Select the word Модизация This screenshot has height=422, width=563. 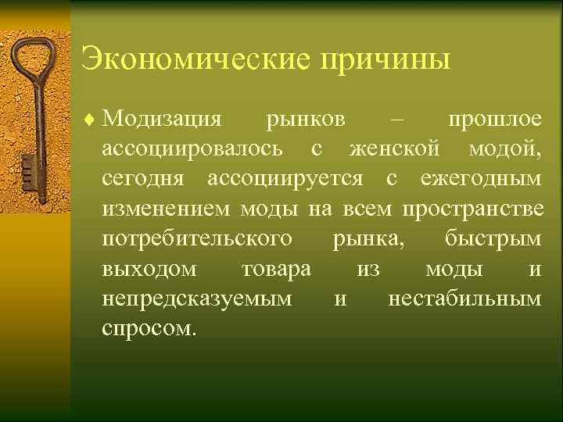tap(162, 120)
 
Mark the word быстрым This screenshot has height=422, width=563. tap(492, 239)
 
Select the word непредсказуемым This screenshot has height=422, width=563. tap(198, 299)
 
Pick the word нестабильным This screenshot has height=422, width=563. tap(464, 299)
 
